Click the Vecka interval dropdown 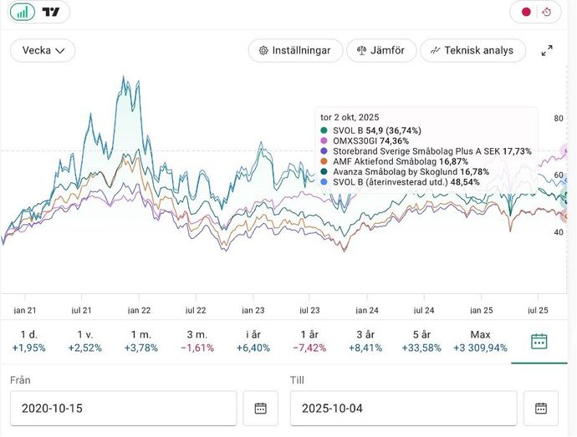(43, 50)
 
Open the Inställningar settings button (295, 50)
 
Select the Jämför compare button (380, 50)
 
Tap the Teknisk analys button (472, 50)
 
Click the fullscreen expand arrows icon (547, 50)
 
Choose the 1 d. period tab (28, 341)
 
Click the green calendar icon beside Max (539, 341)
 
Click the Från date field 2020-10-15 (123, 409)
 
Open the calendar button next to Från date (260, 409)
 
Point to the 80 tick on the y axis (559, 119)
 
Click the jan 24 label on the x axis (367, 309)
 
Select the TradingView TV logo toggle (51, 12)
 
